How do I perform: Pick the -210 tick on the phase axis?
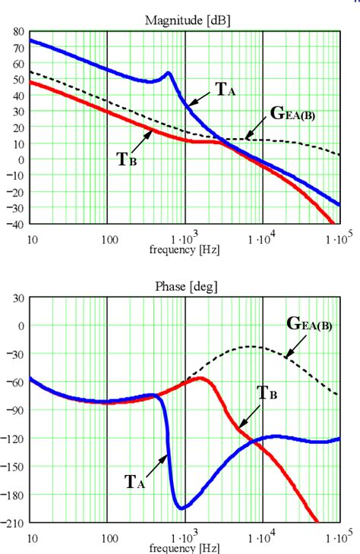coord(14,524)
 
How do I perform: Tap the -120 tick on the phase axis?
coord(14,439)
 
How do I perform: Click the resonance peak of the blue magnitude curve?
coord(168,74)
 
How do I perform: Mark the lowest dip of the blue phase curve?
coord(181,508)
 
